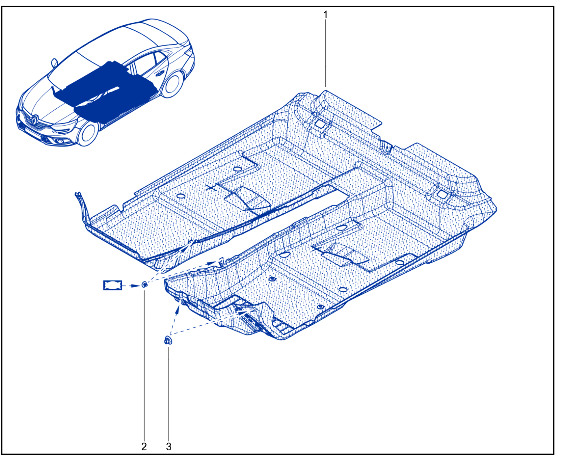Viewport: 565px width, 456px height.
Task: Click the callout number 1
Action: [325, 15]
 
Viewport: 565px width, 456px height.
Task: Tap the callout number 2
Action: [144, 447]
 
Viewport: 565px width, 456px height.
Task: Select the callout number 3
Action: [169, 447]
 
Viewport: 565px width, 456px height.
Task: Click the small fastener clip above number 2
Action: [144, 285]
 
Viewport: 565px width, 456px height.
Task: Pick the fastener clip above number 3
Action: [168, 340]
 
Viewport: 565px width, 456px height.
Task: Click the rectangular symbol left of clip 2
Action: [112, 285]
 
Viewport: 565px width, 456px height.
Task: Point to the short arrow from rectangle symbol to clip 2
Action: [132, 286]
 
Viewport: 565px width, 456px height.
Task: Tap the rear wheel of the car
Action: [173, 84]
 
